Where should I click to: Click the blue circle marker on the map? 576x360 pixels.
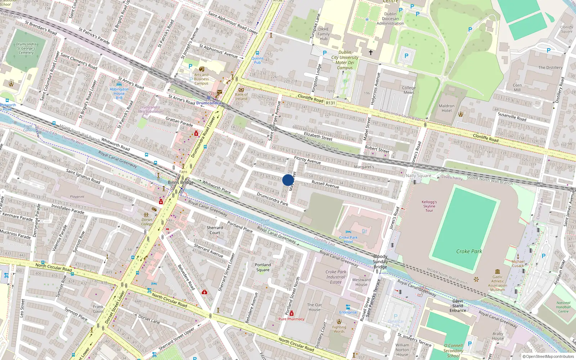pyautogui.click(x=288, y=180)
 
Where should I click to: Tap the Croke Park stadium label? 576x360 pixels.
pyautogui.click(x=469, y=251)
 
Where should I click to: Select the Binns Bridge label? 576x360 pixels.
pyautogui.click(x=181, y=182)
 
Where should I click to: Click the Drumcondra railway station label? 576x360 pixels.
pyautogui.click(x=208, y=103)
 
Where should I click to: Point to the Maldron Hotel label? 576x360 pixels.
pyautogui.click(x=446, y=108)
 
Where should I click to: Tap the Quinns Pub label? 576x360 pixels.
pyautogui.click(x=257, y=60)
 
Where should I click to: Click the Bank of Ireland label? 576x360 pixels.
pyautogui.click(x=241, y=96)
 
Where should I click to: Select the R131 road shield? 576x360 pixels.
pyautogui.click(x=330, y=103)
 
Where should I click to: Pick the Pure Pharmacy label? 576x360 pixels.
pyautogui.click(x=291, y=319)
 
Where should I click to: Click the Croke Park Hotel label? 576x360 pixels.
pyautogui.click(x=348, y=239)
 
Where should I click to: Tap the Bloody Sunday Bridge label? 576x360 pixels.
pyautogui.click(x=380, y=261)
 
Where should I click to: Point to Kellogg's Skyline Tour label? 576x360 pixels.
pyautogui.click(x=429, y=206)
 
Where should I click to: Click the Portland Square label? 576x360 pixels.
pyautogui.click(x=263, y=267)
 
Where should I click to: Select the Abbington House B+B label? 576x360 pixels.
pyautogui.click(x=119, y=93)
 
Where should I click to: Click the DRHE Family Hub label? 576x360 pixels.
pyautogui.click(x=323, y=34)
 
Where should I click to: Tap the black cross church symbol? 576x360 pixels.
pyautogui.click(x=370, y=53)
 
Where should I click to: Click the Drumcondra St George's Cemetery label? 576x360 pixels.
pyautogui.click(x=26, y=48)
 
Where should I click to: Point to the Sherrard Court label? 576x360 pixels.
pyautogui.click(x=215, y=230)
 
